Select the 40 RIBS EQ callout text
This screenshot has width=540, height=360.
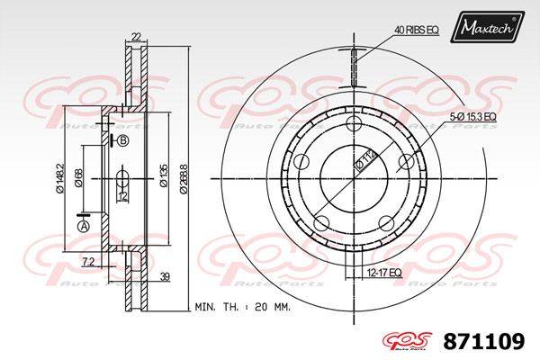pyautogui.click(x=417, y=31)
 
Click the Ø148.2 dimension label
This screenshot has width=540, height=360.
pyautogui.click(x=59, y=177)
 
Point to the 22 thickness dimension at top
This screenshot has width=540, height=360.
pyautogui.click(x=135, y=36)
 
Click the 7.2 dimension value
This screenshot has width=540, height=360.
pyautogui.click(x=87, y=261)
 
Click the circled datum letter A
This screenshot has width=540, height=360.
pyautogui.click(x=84, y=228)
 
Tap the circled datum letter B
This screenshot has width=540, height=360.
pyautogui.click(x=123, y=141)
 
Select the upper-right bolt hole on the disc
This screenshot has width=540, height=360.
pyautogui.click(x=406, y=163)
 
